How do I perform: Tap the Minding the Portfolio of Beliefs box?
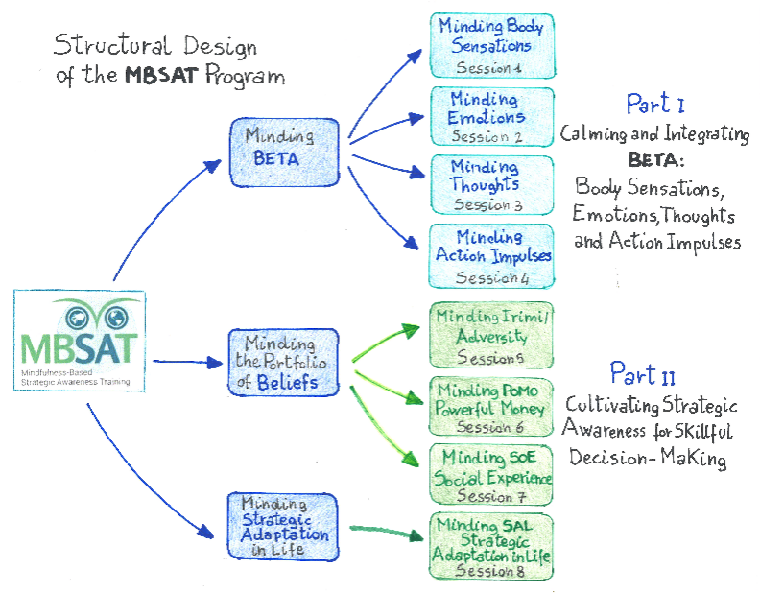(284, 363)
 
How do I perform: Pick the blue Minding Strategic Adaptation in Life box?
(284, 527)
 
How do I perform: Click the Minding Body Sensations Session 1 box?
(491, 46)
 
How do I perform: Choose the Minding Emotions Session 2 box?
(491, 117)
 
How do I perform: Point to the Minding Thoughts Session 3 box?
(491, 184)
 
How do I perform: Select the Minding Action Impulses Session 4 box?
(491, 255)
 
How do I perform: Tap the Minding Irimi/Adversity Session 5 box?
(491, 334)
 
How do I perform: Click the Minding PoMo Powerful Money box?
(491, 406)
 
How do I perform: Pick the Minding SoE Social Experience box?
(491, 475)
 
